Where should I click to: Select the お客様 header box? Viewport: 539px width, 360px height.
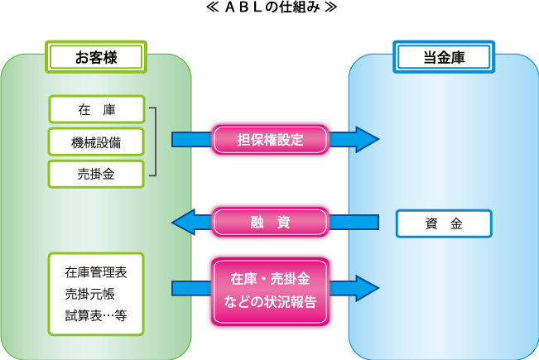[97, 57]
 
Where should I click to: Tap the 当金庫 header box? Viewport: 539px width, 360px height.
[445, 57]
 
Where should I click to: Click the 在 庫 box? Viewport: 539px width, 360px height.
[97, 110]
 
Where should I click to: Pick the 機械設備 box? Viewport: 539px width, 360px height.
[97, 142]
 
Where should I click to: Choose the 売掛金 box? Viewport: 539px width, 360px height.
[97, 173]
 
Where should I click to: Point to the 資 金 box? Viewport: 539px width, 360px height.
[445, 223]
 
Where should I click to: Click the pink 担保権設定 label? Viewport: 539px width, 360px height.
[271, 139]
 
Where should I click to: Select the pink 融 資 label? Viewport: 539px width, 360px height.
[271, 222]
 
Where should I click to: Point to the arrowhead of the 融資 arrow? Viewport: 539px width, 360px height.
[181, 222]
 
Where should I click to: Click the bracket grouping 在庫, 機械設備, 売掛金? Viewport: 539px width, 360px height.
[154, 142]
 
